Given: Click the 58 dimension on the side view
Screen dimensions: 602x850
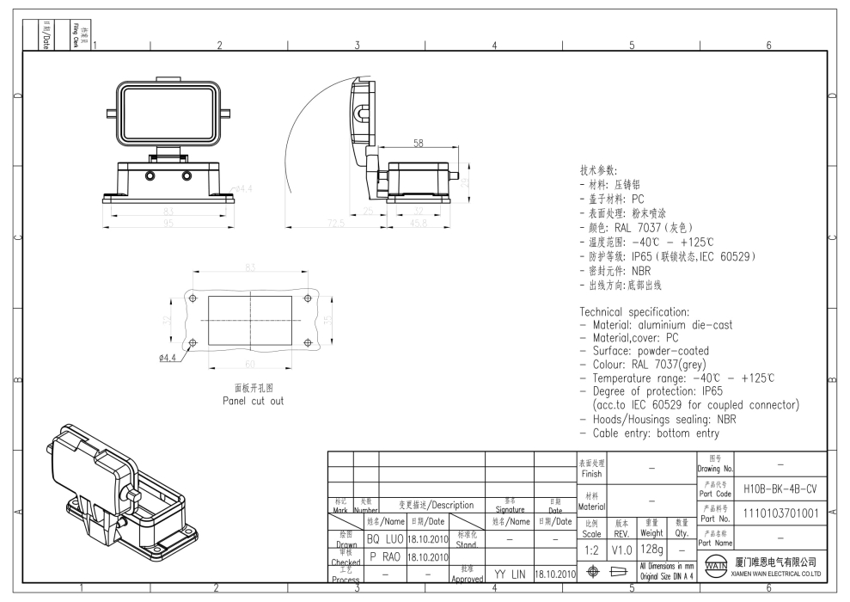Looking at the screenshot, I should point(419,144).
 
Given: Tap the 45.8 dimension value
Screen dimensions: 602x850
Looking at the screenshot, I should point(418,224).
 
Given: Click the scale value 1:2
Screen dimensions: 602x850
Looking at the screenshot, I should point(592,548).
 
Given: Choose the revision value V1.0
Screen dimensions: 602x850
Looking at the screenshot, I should point(622,548).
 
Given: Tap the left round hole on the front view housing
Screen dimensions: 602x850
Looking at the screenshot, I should point(150,176).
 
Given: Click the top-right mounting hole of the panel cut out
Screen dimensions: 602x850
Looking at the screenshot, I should point(308,298).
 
